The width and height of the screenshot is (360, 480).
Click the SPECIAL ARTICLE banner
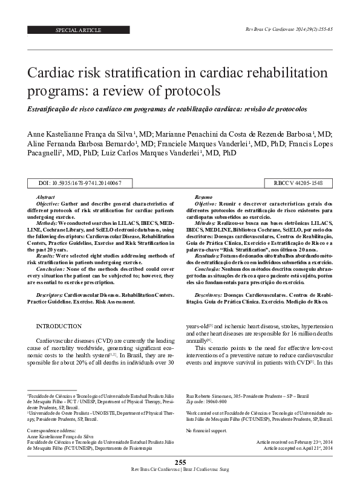[x=78, y=30]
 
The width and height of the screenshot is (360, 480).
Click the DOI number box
[x=79, y=183]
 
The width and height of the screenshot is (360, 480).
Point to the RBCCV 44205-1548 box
[x=298, y=183]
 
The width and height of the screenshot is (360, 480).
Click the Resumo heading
[x=203, y=198]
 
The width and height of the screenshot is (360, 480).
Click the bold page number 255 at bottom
[x=180, y=462]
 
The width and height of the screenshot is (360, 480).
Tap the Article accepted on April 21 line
[x=295, y=449]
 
